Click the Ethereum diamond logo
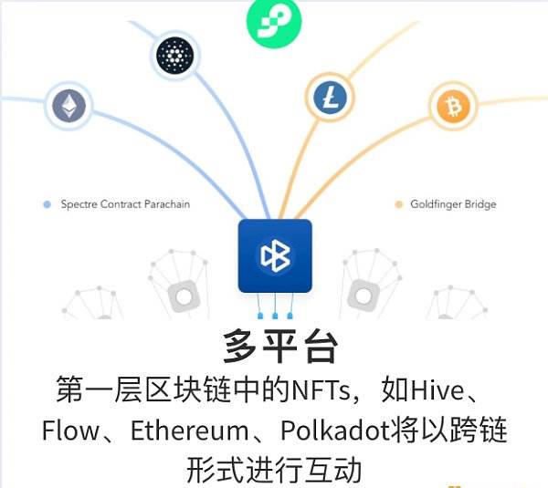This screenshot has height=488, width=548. click(x=68, y=106)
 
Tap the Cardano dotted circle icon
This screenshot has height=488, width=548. click(x=174, y=55)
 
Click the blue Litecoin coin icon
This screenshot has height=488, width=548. click(x=331, y=97)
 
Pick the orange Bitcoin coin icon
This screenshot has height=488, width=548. click(x=453, y=106)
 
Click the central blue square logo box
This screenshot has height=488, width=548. click(x=275, y=256)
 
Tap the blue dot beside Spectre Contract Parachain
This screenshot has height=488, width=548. click(x=47, y=204)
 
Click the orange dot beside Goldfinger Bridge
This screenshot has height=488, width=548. click(x=399, y=204)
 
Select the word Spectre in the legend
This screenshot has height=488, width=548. click(x=79, y=204)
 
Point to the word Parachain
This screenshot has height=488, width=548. click(x=167, y=204)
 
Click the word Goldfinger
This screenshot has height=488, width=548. click(x=435, y=204)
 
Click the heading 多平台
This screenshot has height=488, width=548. click(x=280, y=347)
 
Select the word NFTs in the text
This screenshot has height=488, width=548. click(x=321, y=389)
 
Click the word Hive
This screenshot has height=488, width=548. click(x=437, y=389)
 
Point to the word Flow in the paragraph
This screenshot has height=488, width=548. click(x=70, y=430)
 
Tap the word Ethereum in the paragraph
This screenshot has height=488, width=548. click(x=189, y=430)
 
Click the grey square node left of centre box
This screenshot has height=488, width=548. click(x=184, y=296)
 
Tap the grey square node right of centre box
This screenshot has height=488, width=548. click(x=364, y=296)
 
